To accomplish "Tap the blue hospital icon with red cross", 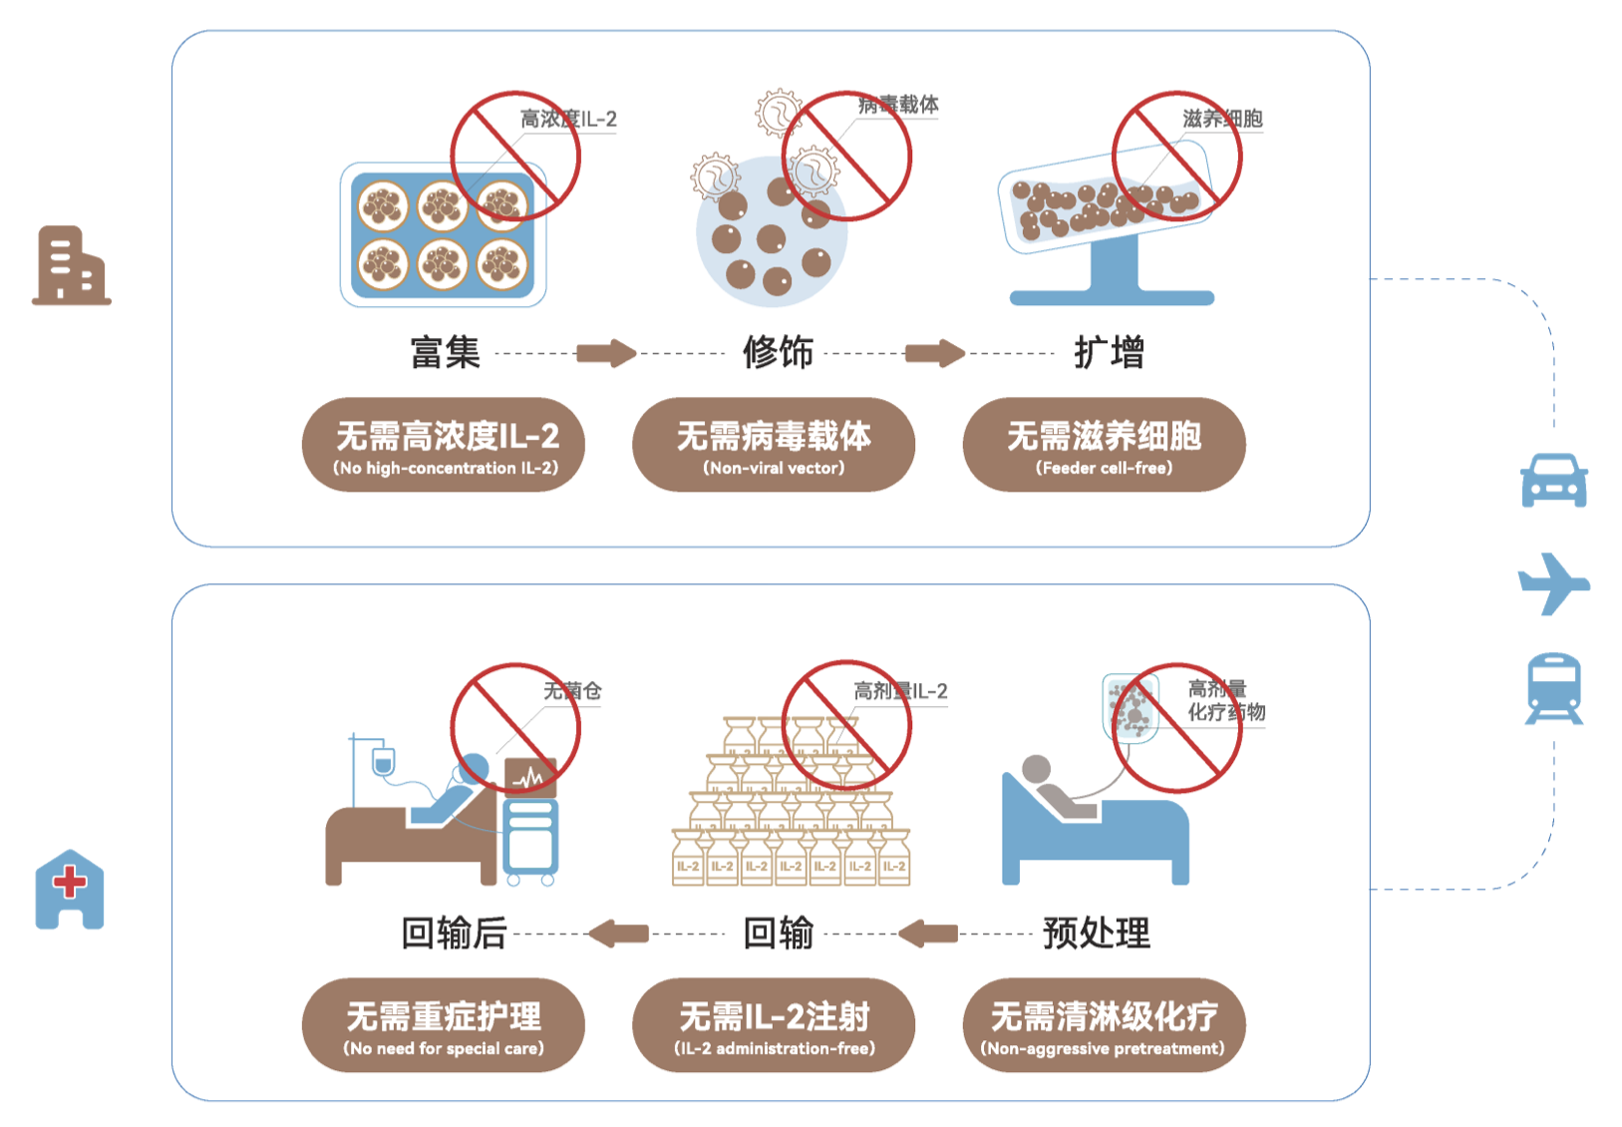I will (x=70, y=890).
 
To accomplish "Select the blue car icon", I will (x=1553, y=481).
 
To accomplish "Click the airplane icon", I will (x=1552, y=583).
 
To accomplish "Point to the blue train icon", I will (x=1554, y=687).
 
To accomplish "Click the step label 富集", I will (x=446, y=353).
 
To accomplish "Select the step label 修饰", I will (x=778, y=353).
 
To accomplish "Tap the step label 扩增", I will (x=1109, y=353).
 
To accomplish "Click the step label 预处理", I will (x=1096, y=934).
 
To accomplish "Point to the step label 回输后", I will (x=454, y=934).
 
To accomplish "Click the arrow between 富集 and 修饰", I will (x=606, y=353).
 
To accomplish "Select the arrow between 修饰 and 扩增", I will (x=935, y=353).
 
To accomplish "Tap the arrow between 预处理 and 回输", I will (x=928, y=934).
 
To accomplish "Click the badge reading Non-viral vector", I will (x=774, y=445).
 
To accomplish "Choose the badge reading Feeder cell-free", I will (x=1104, y=445).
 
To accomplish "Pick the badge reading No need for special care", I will (x=444, y=1025).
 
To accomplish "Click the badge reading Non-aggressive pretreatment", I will (x=1104, y=1025).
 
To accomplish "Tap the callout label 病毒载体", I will (x=899, y=105).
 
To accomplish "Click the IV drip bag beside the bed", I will (x=383, y=762).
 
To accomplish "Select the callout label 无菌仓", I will (x=572, y=690).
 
